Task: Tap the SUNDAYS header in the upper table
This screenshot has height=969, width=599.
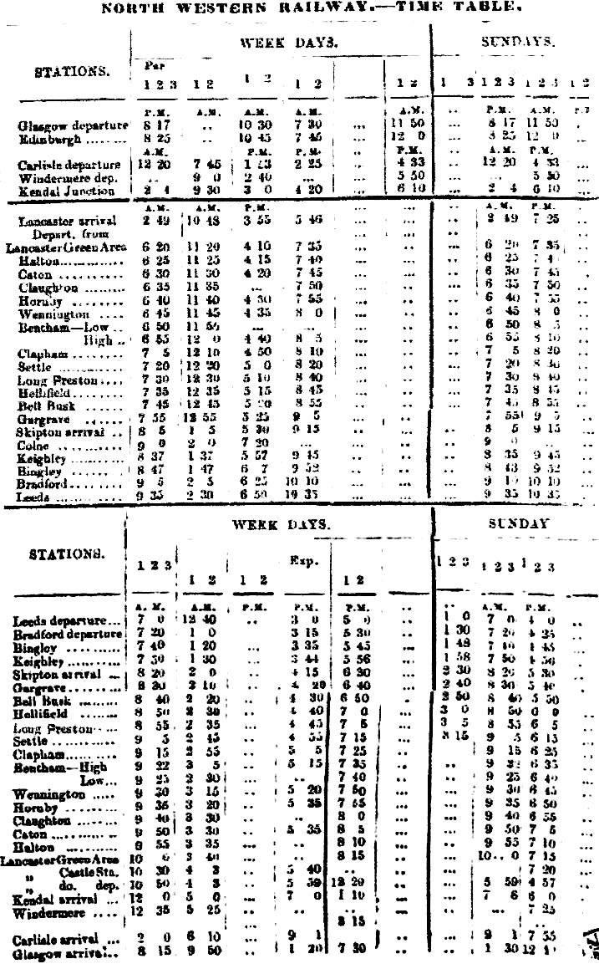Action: (x=517, y=41)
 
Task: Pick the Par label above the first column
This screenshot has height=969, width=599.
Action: (x=145, y=64)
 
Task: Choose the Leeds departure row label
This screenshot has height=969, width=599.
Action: (x=67, y=622)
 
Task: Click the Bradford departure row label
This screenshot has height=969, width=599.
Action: (x=67, y=635)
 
